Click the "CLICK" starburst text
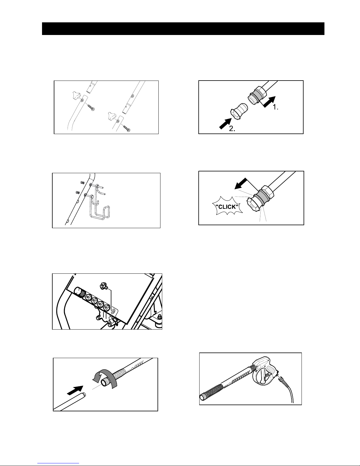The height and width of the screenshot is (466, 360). coord(227,207)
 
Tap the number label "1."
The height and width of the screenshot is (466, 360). coord(276,107)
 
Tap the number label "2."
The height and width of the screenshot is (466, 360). coord(232,128)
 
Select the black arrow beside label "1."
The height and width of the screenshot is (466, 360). coord(269,102)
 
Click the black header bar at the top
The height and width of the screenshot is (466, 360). coord(183,29)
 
